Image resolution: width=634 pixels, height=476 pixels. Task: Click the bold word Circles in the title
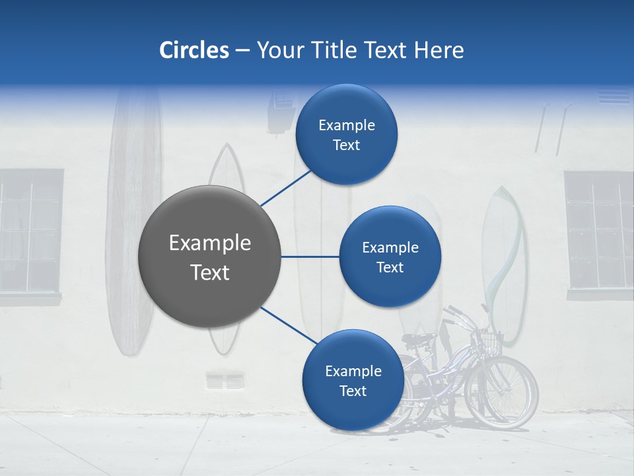tap(194, 50)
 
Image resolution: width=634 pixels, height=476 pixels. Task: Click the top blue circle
tap(347, 135)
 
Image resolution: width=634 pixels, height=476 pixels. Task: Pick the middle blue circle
tap(390, 257)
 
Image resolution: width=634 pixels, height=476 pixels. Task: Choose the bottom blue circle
tap(353, 380)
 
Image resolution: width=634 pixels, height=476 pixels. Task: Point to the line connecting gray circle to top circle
tap(286, 188)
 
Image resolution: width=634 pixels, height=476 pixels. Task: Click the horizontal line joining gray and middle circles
tap(310, 257)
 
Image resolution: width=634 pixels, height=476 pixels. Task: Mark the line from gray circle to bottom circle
tap(288, 326)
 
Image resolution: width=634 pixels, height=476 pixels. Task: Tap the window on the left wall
tap(30, 231)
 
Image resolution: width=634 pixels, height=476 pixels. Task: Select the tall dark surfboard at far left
tap(134, 218)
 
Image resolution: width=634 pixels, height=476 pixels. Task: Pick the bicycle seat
tap(419, 338)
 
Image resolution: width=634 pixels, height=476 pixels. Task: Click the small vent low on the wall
tap(225, 381)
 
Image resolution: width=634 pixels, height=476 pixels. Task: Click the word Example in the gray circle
tap(210, 243)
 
